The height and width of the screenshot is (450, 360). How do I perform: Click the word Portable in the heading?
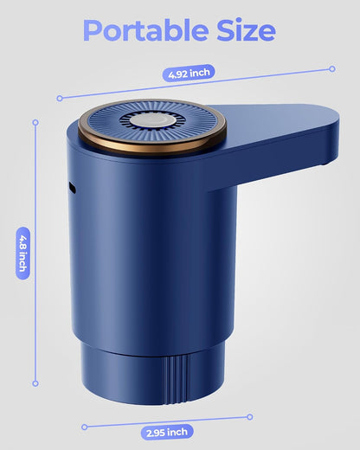[145, 30]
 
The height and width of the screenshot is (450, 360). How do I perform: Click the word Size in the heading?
[246, 29]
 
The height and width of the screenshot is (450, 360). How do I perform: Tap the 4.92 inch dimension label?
[189, 73]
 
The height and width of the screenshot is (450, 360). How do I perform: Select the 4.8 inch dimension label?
[22, 254]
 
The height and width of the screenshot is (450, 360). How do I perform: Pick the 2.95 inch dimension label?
[167, 432]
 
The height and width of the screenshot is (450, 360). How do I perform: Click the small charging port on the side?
[72, 188]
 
